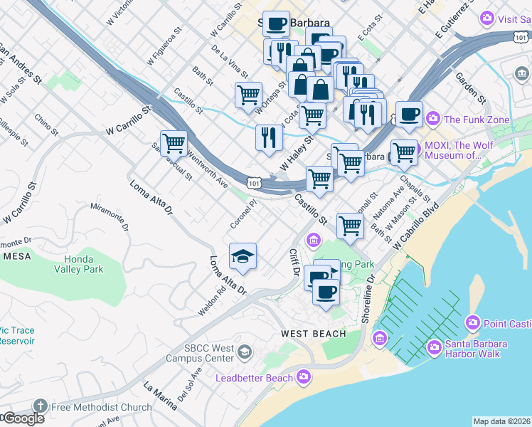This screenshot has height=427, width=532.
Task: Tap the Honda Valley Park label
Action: click(x=84, y=264)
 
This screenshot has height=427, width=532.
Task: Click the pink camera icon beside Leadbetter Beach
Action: click(x=304, y=376)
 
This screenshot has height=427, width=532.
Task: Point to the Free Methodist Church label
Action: click(x=101, y=407)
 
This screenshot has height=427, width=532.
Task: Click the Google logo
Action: click(x=23, y=419)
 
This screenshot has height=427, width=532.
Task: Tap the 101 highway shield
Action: click(x=254, y=184)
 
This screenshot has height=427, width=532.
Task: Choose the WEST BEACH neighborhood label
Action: click(x=313, y=334)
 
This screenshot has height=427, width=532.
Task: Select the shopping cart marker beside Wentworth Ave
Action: click(x=174, y=143)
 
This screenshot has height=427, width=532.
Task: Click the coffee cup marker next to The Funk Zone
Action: click(x=408, y=115)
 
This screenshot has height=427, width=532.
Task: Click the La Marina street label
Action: click(x=160, y=396)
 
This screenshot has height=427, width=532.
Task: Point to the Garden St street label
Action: click(x=470, y=88)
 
